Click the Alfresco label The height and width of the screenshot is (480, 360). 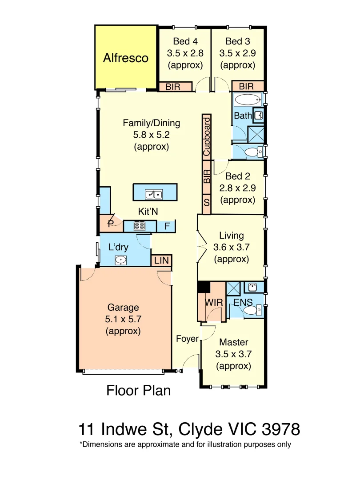(126, 58)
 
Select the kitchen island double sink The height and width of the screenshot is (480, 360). (155, 194)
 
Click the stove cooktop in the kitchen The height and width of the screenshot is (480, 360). (140, 226)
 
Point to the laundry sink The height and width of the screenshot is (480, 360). (121, 260)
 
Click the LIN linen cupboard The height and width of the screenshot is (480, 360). (162, 260)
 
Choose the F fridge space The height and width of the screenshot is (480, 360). (167, 226)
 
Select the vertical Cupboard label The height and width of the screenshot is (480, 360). (207, 136)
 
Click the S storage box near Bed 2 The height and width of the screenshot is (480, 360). (207, 203)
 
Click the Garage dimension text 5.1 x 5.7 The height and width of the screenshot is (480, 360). (123, 319)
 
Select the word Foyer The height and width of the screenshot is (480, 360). (187, 339)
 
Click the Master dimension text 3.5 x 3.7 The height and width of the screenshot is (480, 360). (233, 354)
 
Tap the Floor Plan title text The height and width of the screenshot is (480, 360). (139, 390)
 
